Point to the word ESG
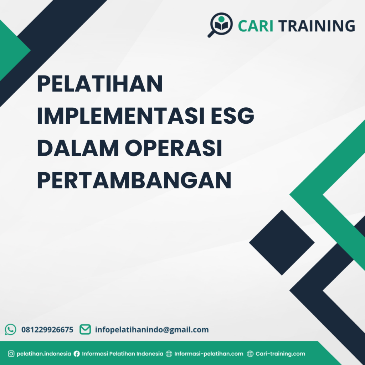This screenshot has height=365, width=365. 236,117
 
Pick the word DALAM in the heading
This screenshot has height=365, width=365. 77,149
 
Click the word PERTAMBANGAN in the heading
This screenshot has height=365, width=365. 134,181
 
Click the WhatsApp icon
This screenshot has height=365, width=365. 10,329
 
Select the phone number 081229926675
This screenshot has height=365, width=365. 47,330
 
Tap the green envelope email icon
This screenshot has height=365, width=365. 85,329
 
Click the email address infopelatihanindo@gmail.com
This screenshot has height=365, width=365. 152,330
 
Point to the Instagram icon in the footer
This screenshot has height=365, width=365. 11,354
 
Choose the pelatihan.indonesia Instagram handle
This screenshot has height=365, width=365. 44,354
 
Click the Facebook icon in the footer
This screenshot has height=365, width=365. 77,354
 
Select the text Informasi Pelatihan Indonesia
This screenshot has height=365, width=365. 123,354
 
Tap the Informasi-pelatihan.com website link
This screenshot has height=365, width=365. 209,354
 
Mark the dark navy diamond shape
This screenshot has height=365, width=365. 282,242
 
